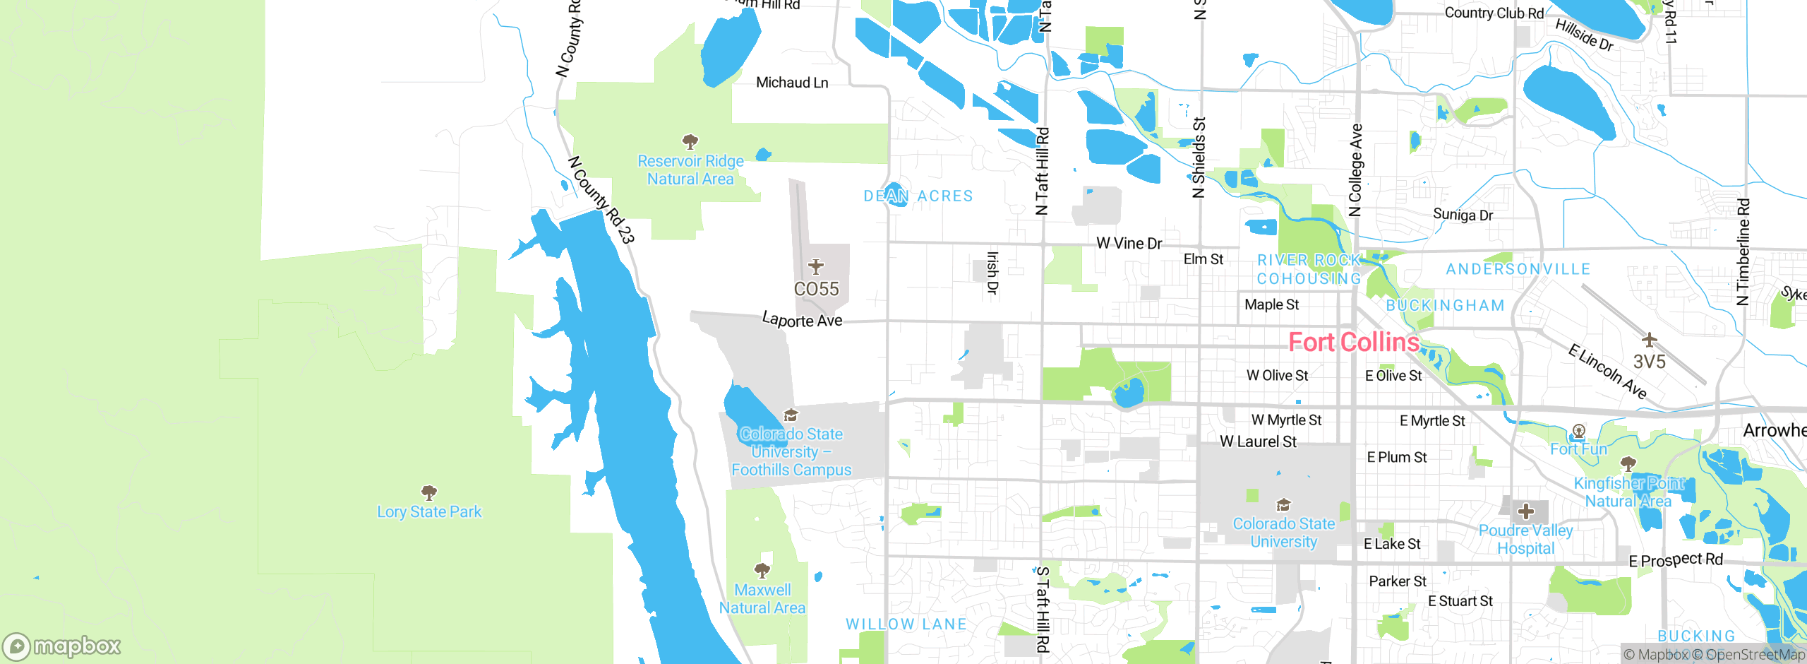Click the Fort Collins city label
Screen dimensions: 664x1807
click(1353, 343)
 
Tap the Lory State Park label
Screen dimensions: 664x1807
click(429, 511)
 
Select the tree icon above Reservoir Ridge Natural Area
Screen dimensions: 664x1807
click(690, 141)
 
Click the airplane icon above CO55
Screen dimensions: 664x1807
click(816, 267)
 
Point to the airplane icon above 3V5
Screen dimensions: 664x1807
click(1649, 340)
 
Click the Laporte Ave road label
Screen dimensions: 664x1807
click(802, 320)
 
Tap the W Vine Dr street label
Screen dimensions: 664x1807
click(1129, 244)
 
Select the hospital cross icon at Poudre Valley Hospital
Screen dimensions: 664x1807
click(1525, 511)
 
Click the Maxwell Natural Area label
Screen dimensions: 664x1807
click(762, 598)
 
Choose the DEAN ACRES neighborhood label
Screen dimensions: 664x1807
click(918, 196)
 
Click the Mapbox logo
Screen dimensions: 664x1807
click(62, 646)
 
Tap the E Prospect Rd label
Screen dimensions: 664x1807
click(1676, 560)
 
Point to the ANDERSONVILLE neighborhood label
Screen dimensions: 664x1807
click(1518, 269)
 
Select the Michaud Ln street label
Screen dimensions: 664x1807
click(792, 83)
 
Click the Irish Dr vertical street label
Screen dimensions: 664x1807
click(992, 273)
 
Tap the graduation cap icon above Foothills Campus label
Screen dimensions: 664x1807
click(791, 415)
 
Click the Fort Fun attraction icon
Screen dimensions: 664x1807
click(1579, 431)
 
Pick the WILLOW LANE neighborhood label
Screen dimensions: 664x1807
click(906, 624)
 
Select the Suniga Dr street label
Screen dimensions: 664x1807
click(1463, 215)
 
